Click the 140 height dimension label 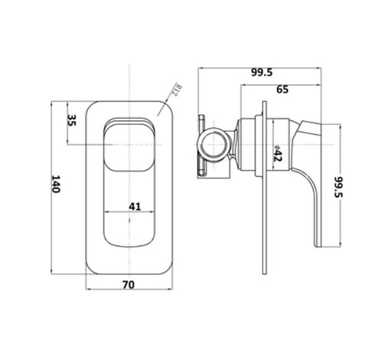[56, 184]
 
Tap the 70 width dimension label [129, 285]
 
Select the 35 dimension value [72, 120]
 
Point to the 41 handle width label [135, 206]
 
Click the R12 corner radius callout [178, 90]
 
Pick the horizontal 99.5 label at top [262, 73]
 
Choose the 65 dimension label [283, 90]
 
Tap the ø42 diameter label [277, 153]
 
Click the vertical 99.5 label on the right [338, 187]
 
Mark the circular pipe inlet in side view [214, 145]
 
